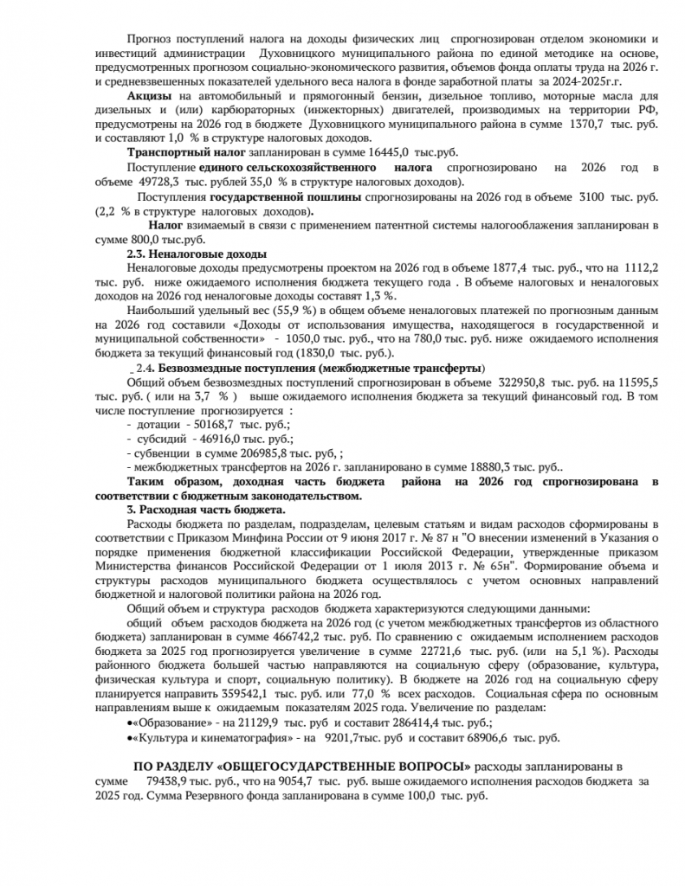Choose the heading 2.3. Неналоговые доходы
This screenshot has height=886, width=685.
click(197, 254)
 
